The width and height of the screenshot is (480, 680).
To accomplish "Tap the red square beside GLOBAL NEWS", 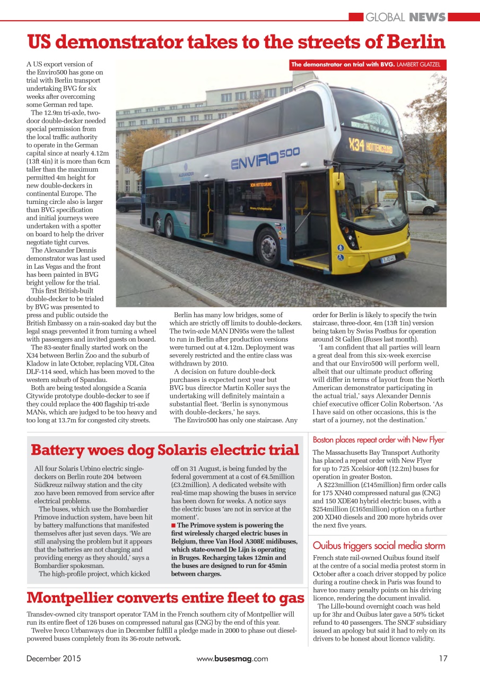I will (x=356, y=17).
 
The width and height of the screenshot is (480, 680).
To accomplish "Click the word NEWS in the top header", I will (x=427, y=17).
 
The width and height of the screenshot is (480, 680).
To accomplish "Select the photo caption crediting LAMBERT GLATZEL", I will (x=368, y=65).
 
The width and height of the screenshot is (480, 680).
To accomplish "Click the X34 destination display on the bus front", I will (x=370, y=146).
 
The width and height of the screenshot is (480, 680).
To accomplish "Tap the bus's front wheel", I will (x=269, y=248).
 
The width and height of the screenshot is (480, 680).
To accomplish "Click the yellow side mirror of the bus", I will (x=338, y=181).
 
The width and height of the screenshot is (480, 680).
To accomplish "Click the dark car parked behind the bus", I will (x=129, y=204).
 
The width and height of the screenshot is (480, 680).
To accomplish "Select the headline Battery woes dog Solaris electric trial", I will (x=165, y=450).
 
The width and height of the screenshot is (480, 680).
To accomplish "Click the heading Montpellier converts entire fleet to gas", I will (x=165, y=598).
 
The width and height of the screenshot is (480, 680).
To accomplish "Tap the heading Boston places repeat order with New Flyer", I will (x=378, y=439).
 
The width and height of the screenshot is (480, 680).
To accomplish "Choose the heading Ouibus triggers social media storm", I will (x=379, y=545).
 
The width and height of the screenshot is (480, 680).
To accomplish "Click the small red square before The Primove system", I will (x=173, y=525).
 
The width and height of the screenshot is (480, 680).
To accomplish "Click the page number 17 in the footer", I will (x=443, y=658).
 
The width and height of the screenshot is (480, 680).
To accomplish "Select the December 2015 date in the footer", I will (x=54, y=658).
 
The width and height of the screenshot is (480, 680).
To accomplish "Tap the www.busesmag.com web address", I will (x=232, y=658).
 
